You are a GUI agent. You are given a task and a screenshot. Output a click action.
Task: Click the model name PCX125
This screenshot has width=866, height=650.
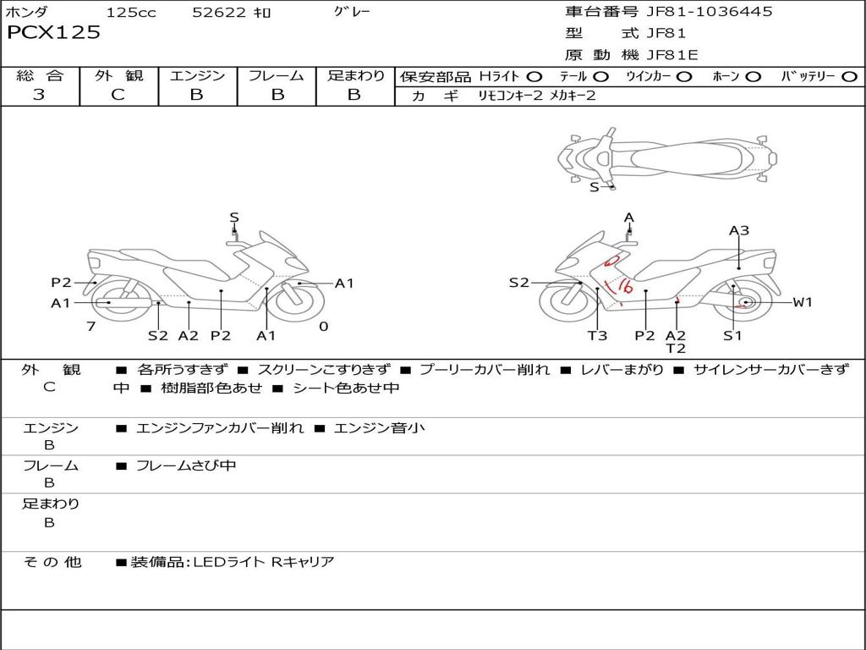(x=53, y=33)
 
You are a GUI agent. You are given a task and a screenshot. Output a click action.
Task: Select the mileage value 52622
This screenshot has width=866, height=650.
(x=219, y=13)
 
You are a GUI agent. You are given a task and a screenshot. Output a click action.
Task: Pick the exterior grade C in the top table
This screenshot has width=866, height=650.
(x=118, y=95)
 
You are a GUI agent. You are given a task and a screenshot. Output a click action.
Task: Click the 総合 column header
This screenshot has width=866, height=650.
(x=40, y=76)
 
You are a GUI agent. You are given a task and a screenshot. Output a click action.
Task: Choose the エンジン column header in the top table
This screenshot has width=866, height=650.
(x=197, y=76)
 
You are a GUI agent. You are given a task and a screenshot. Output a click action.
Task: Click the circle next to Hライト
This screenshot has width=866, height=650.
(x=534, y=77)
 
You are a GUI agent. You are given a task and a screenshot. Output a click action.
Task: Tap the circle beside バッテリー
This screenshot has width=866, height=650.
(x=849, y=77)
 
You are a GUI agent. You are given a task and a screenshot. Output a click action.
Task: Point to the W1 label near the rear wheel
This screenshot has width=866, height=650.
(x=802, y=302)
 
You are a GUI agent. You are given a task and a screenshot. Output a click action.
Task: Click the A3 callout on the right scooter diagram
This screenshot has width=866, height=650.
(x=739, y=230)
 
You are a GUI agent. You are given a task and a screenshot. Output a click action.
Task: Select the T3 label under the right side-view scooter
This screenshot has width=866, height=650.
(x=597, y=335)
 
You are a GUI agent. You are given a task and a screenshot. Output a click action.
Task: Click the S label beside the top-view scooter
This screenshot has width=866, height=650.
(x=594, y=187)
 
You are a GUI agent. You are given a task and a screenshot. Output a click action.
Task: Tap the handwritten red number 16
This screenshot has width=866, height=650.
(x=624, y=287)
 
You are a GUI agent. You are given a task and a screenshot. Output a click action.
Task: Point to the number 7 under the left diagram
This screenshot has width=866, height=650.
(x=90, y=326)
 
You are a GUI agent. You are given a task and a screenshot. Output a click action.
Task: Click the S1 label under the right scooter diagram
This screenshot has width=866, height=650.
(x=732, y=335)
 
